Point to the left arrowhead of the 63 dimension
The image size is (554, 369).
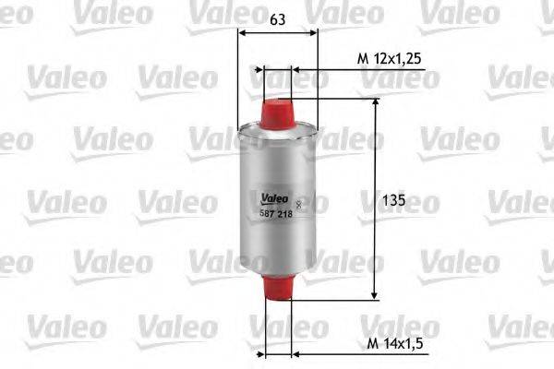[242, 32]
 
